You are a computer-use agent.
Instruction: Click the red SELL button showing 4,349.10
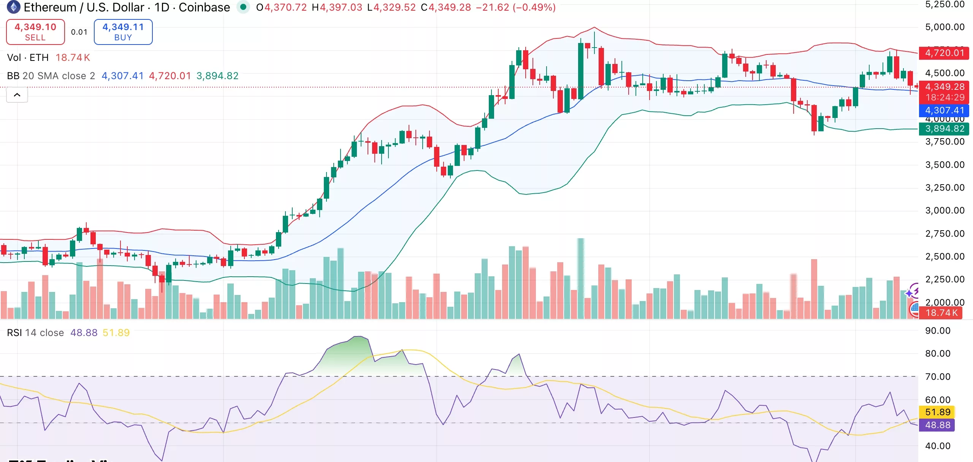pos(35,32)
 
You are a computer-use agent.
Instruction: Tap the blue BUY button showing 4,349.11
pos(123,32)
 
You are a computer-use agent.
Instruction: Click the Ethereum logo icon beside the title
pos(14,7)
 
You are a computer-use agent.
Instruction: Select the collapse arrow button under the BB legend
pos(17,95)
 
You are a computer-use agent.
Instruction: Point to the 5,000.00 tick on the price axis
pos(944,27)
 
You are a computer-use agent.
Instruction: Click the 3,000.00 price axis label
pos(944,210)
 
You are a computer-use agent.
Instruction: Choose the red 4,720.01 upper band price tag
pos(944,53)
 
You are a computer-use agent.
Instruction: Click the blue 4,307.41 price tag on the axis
pos(944,110)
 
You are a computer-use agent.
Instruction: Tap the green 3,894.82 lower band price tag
pos(944,129)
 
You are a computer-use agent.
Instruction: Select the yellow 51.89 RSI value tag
pos(937,412)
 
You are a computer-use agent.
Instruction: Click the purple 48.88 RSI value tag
pos(937,425)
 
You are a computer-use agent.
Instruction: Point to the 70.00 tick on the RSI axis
pos(938,377)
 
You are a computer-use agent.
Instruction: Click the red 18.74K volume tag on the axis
pos(941,313)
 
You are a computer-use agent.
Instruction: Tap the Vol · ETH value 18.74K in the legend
pos(73,57)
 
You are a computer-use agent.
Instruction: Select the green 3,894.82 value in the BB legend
pos(217,76)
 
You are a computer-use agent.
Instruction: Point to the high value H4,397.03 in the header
pos(337,7)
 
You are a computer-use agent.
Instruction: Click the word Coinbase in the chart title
pos(204,7)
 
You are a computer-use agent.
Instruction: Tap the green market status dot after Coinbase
pos(243,7)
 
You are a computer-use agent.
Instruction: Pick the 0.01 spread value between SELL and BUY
pos(79,32)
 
